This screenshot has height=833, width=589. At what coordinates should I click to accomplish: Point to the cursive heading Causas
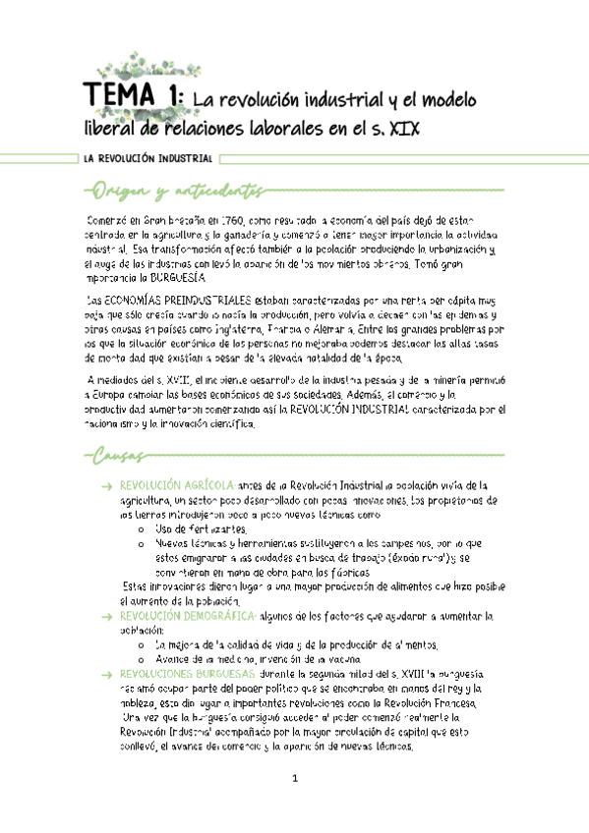tap(117, 456)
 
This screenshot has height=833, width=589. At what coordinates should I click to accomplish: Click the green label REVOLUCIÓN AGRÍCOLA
tap(176, 485)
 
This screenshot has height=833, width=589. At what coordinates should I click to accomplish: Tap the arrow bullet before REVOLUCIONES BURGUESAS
tap(106, 675)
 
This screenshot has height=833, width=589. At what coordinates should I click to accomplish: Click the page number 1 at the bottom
tap(295, 780)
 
